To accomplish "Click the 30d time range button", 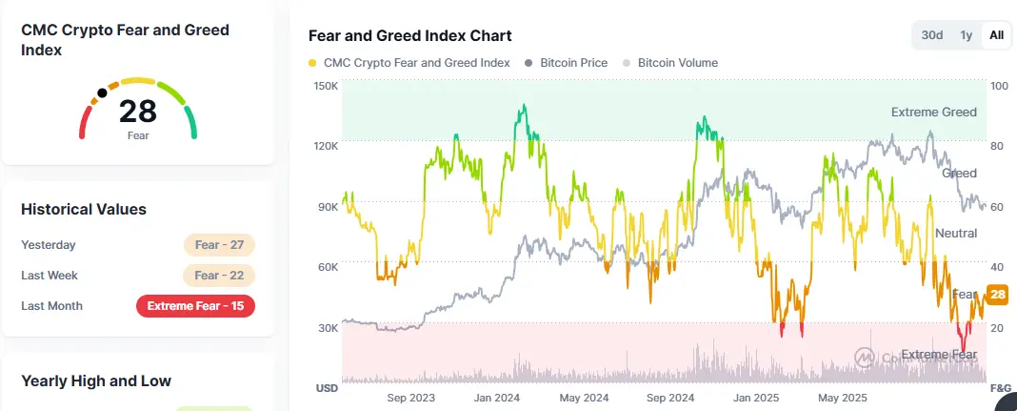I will (931, 35).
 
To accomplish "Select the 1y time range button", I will (966, 35).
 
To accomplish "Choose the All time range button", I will (996, 35).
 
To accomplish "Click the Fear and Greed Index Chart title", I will (410, 35).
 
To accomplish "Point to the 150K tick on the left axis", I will (326, 86).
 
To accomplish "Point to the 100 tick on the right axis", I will (999, 86).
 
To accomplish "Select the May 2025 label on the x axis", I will (842, 398).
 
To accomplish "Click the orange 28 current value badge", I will (998, 295).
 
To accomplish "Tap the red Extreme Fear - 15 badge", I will (195, 306).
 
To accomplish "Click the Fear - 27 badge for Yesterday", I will (219, 245).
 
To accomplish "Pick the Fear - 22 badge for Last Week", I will (219, 276).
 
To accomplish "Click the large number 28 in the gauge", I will (138, 112).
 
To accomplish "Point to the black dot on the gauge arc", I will (102, 94).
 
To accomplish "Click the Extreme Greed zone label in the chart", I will (933, 113).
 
